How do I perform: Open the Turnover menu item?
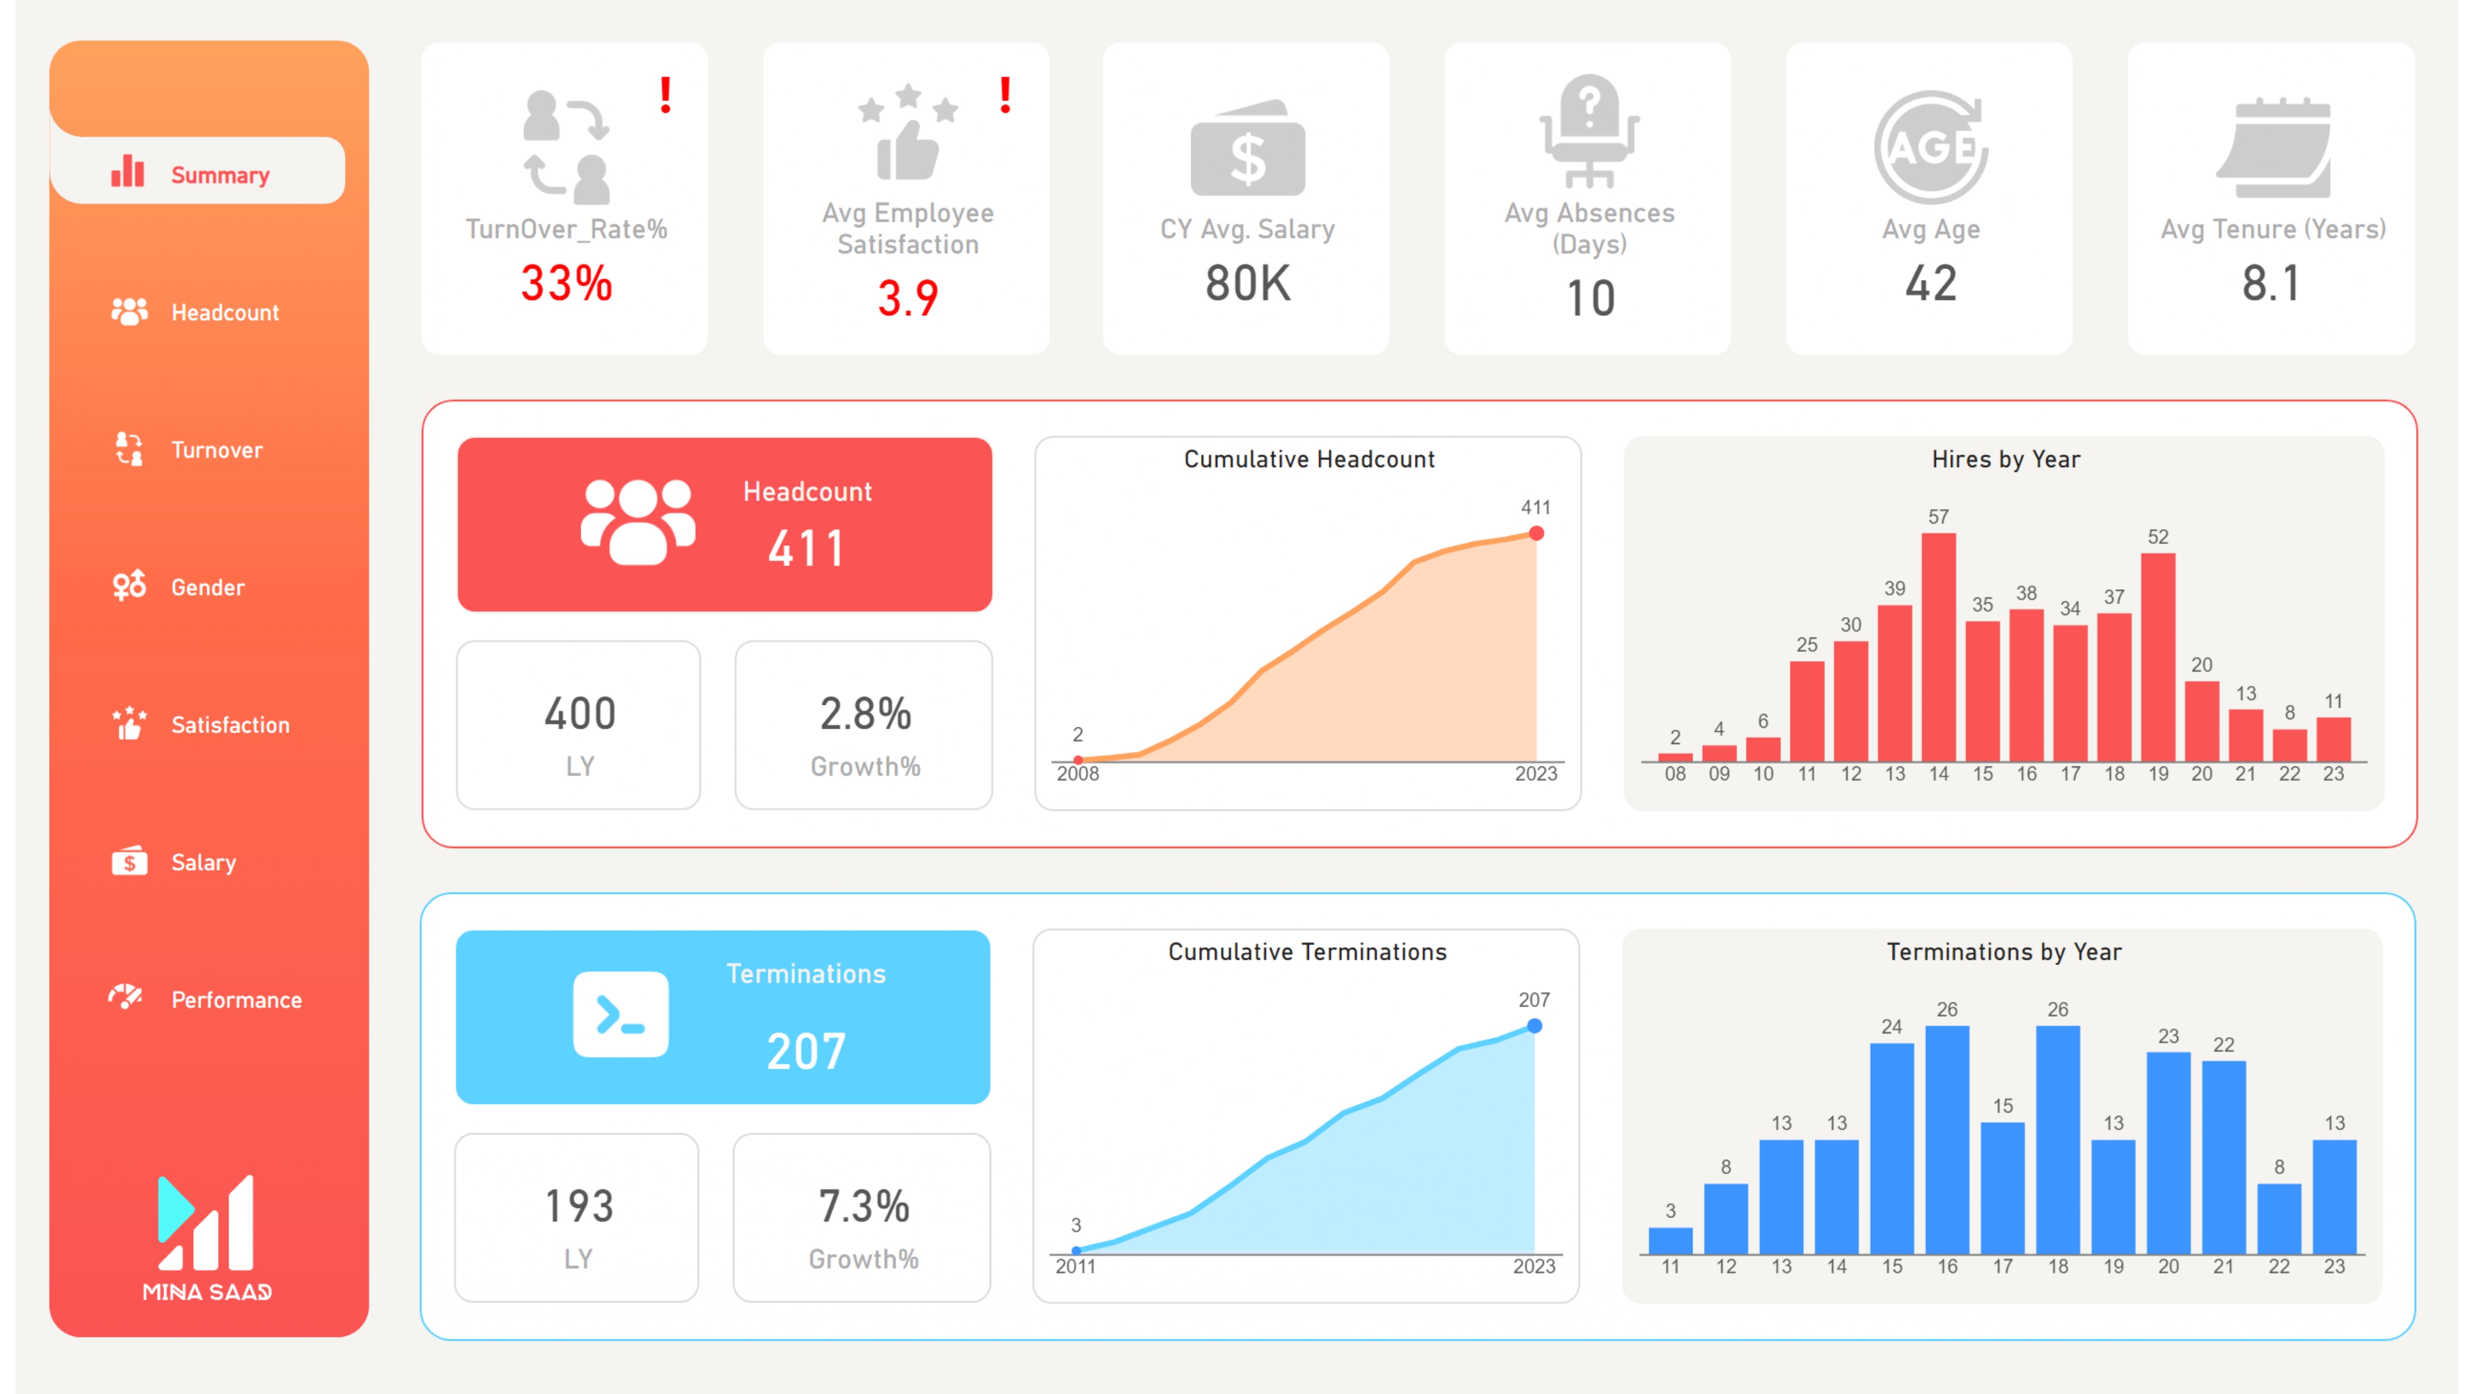click(216, 449)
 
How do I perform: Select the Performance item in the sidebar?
click(235, 999)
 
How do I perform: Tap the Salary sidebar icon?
click(129, 862)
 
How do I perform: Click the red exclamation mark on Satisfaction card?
click(1005, 95)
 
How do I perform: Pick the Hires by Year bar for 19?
click(2158, 657)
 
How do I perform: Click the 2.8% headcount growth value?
click(865, 714)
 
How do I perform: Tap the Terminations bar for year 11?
click(1670, 1240)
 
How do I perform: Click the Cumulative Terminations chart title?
click(1307, 952)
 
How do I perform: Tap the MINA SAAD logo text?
click(207, 1292)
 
